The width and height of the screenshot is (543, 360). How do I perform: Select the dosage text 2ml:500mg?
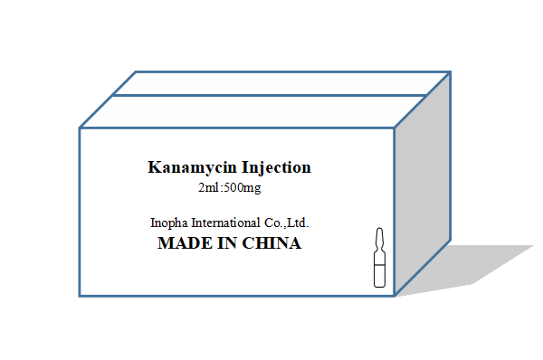(229, 188)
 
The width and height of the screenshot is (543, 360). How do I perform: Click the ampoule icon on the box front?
(379, 261)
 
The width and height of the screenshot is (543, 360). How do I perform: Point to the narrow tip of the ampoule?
(379, 234)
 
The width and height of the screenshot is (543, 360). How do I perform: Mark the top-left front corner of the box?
(80, 128)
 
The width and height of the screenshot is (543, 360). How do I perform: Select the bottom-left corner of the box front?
(80, 296)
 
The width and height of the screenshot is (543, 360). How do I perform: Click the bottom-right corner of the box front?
(395, 296)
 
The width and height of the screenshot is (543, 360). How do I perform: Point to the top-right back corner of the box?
(450, 72)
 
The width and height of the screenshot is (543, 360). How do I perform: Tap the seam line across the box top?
(271, 95)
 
